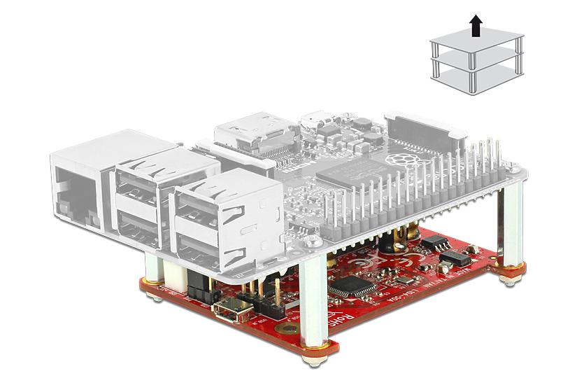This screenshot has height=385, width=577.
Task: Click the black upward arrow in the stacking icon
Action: tap(476, 26)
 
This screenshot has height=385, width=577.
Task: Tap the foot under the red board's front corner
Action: tap(308, 362)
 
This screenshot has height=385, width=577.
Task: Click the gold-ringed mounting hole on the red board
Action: tap(283, 328)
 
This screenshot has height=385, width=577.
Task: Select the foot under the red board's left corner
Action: tap(152, 297)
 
